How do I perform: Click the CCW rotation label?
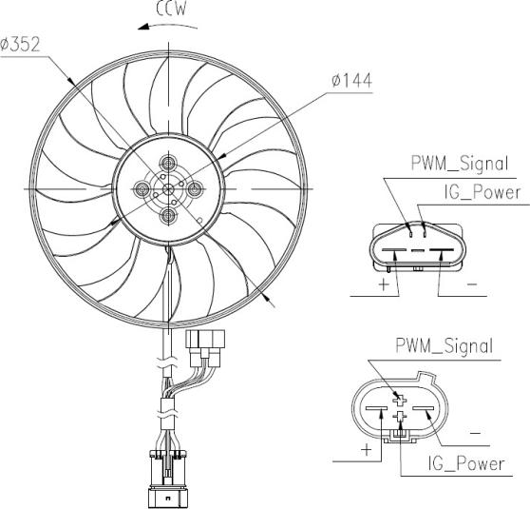(171, 10)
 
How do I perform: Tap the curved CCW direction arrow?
(167, 26)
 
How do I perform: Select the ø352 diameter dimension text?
(20, 45)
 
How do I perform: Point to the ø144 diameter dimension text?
(351, 81)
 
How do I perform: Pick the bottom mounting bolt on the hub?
(168, 215)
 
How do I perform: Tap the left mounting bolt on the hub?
(142, 189)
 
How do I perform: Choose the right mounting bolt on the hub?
(195, 189)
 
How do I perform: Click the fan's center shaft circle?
(168, 189)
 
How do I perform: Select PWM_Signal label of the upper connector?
(460, 164)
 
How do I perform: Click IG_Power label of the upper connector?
(483, 193)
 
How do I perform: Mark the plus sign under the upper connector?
(384, 284)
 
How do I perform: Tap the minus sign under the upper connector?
(472, 284)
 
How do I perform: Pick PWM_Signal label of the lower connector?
(445, 346)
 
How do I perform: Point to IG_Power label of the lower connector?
(466, 464)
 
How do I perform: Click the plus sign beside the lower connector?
(366, 450)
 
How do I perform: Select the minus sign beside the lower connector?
(475, 433)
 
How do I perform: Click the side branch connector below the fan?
(205, 348)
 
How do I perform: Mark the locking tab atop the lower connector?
(426, 377)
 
